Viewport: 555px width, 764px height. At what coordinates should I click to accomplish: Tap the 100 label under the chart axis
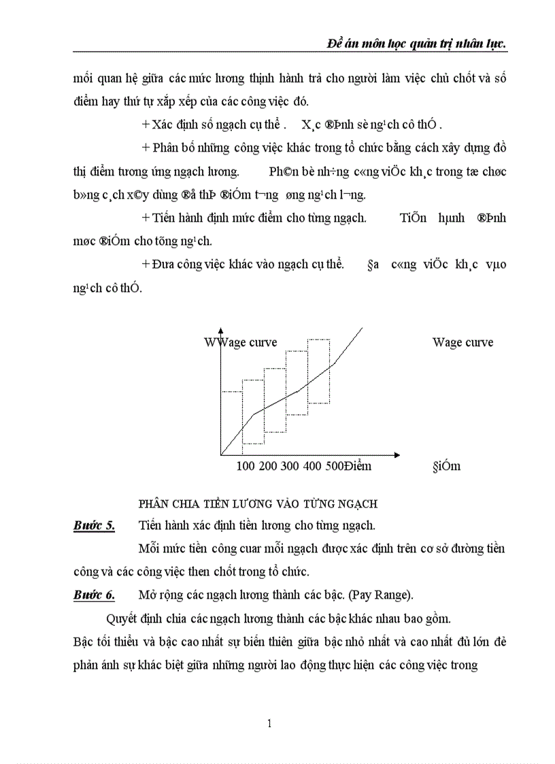click(246, 467)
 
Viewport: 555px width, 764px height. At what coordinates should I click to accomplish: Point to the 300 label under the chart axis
click(289, 467)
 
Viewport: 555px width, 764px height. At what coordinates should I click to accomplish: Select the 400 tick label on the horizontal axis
click(311, 467)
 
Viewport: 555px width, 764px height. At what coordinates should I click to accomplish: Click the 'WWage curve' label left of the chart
click(241, 342)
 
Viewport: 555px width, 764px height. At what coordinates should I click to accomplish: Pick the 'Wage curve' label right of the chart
click(462, 342)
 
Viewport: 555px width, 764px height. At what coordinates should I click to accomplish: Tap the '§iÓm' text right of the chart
click(446, 467)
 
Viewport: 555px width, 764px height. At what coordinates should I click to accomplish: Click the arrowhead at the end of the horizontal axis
click(397, 454)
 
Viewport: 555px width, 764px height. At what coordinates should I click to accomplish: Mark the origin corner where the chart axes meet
click(221, 454)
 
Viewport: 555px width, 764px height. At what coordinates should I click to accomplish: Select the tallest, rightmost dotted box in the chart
click(318, 371)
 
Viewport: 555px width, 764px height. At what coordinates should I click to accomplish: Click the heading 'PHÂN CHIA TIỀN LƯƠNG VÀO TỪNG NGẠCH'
click(258, 503)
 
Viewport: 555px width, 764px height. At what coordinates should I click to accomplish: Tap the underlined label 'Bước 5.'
click(94, 525)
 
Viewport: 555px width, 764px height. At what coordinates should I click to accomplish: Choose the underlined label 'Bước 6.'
click(94, 595)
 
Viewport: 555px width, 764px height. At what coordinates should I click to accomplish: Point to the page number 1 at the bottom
click(269, 724)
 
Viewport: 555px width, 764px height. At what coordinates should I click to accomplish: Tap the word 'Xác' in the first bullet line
click(164, 124)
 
